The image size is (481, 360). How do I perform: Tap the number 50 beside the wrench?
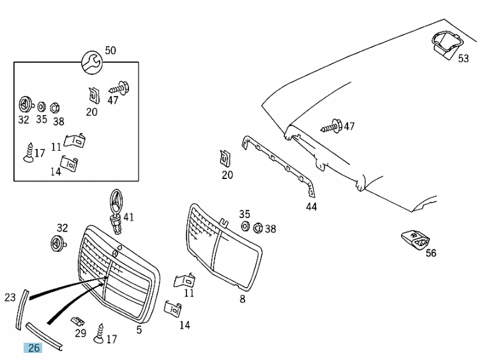(x=111, y=51)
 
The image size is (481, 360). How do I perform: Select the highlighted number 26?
(x=33, y=348)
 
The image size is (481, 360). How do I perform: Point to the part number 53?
(x=463, y=58)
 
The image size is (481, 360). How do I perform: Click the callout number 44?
(x=311, y=207)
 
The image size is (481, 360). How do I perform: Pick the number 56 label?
(x=431, y=253)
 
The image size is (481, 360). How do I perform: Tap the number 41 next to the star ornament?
(x=128, y=217)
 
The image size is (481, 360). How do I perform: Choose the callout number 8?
(x=242, y=299)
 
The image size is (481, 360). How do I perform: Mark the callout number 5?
(x=139, y=330)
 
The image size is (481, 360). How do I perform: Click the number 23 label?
(x=10, y=297)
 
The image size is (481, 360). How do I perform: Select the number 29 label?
(x=80, y=333)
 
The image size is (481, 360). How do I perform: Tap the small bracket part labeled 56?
(x=413, y=240)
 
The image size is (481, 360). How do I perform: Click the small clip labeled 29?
(x=78, y=320)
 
